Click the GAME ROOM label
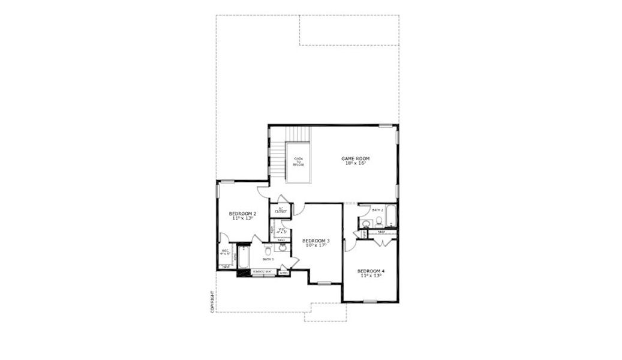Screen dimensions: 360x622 (356, 158)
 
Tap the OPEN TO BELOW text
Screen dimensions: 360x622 (298, 161)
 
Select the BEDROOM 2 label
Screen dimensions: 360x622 (243, 214)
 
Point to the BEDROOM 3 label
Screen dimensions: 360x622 (316, 241)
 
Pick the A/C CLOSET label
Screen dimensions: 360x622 (281, 211)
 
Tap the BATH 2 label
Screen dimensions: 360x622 (377, 210)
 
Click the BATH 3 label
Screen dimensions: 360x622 (268, 259)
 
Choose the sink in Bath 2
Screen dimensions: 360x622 (365, 223)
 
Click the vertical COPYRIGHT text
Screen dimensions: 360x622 (212, 302)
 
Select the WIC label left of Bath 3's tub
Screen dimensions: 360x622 (225, 252)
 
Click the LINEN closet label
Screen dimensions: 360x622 (284, 272)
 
